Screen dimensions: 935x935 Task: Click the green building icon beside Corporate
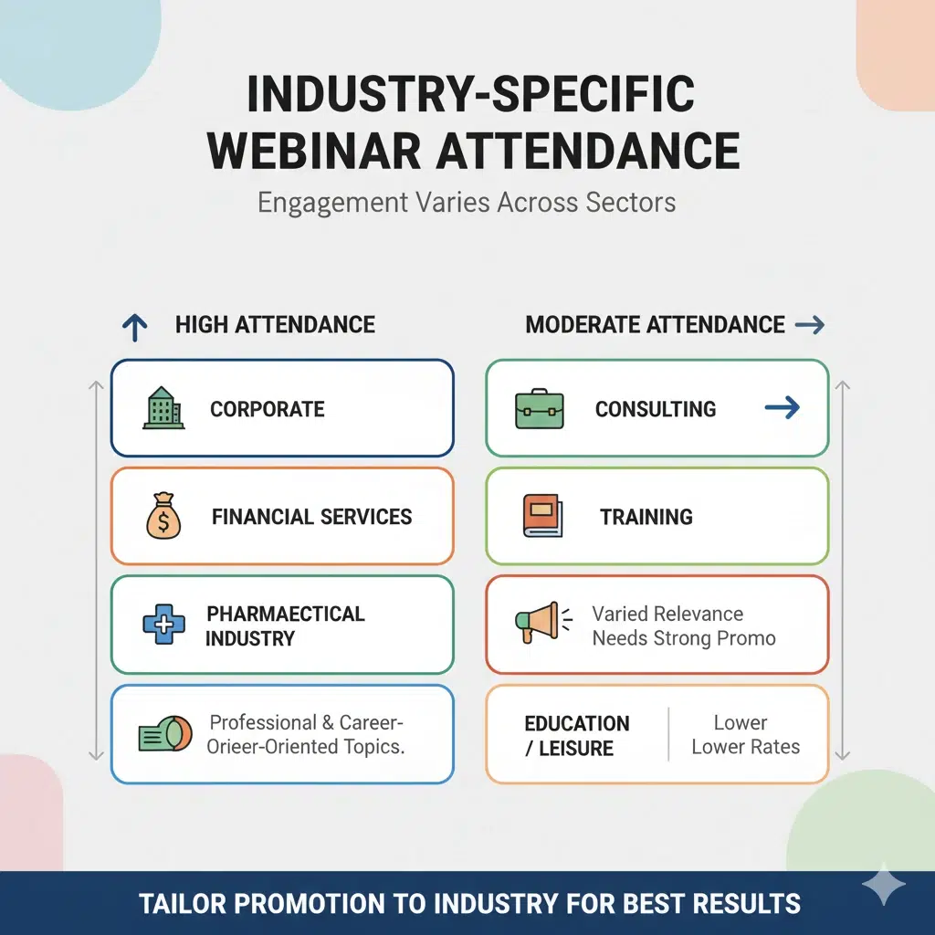click(163, 408)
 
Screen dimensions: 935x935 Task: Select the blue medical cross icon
click(163, 625)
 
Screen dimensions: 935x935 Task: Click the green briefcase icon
click(539, 408)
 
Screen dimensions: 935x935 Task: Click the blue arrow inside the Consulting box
click(782, 408)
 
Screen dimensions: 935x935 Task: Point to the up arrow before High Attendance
click(134, 326)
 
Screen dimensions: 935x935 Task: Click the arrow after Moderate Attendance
click(810, 324)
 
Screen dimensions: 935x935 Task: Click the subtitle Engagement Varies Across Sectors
click(467, 201)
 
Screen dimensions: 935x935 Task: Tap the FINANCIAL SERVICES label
click(311, 517)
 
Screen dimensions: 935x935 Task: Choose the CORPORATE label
click(268, 409)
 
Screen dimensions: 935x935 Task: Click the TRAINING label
click(646, 517)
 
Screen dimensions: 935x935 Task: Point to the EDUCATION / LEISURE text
click(577, 735)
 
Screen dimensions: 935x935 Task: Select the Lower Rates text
click(745, 746)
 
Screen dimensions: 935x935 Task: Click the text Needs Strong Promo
click(684, 637)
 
